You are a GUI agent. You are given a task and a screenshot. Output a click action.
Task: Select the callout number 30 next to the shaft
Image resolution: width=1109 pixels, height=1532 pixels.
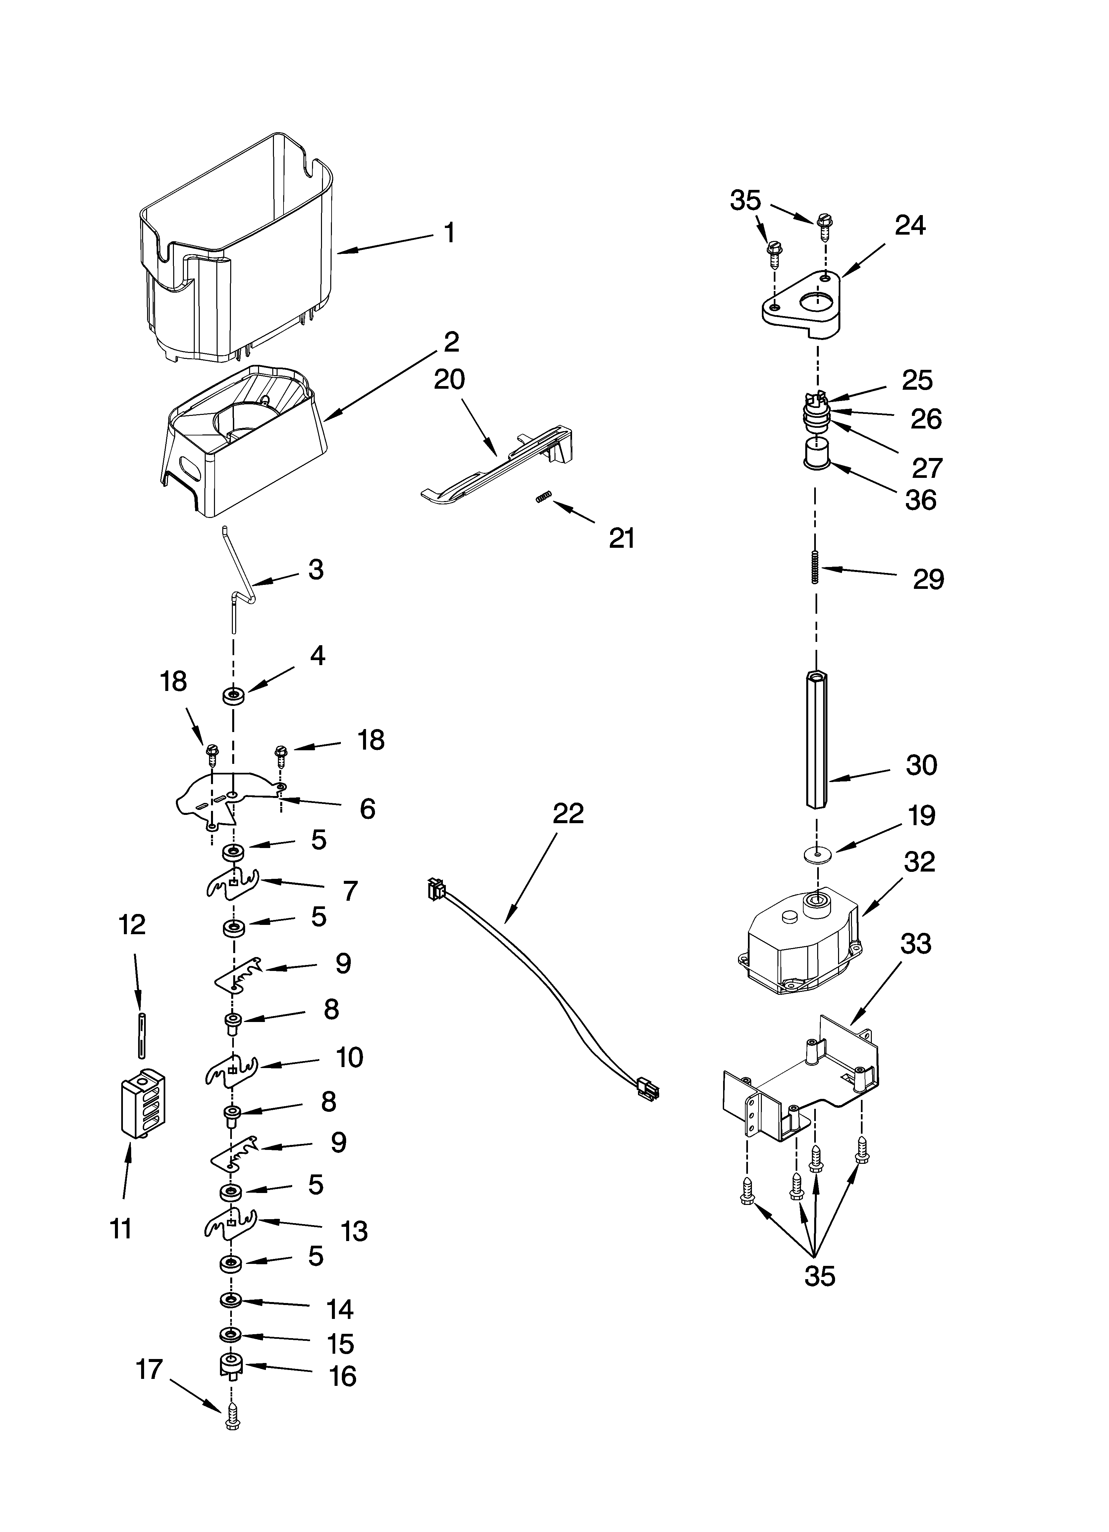coord(921,765)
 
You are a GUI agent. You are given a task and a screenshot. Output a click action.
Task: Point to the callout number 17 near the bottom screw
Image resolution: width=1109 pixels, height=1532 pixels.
coord(149,1369)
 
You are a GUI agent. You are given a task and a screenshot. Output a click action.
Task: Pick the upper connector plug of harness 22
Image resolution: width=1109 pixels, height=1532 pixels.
coord(436,888)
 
